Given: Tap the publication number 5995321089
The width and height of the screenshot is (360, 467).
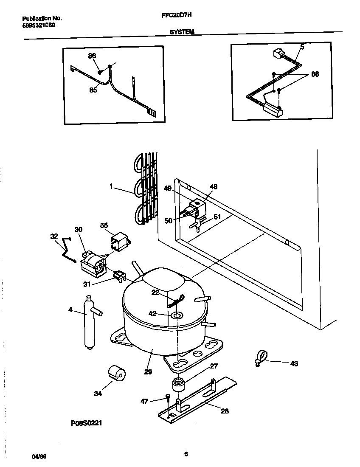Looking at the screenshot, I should click(x=38, y=25).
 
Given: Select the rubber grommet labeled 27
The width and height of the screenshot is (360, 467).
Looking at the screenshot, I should click(x=178, y=384).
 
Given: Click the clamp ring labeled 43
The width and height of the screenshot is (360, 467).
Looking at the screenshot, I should click(x=261, y=356).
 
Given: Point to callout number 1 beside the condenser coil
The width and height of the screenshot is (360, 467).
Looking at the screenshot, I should click(x=111, y=186).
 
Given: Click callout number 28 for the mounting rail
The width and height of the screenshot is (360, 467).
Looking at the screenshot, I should click(x=225, y=411).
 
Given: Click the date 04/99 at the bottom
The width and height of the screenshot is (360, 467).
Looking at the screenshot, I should click(x=39, y=456).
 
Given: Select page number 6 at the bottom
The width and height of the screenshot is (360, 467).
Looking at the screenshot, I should click(x=186, y=454).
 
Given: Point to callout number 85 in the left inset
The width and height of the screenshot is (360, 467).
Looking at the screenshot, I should click(x=93, y=90).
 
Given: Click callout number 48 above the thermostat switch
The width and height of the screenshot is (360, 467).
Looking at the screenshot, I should click(x=213, y=187).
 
